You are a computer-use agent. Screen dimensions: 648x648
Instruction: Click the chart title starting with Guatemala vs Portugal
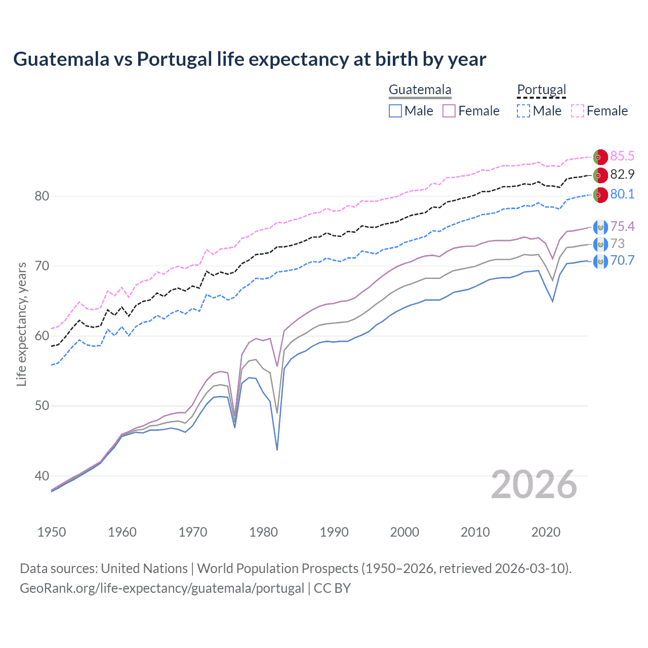pos(250,59)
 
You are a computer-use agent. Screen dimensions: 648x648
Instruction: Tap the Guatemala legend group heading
pos(420,90)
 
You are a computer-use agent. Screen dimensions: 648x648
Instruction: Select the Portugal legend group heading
pos(541,90)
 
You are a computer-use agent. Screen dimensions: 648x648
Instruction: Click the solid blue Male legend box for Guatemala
pos(395,111)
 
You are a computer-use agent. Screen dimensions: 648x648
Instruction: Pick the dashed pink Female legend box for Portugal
pos(578,111)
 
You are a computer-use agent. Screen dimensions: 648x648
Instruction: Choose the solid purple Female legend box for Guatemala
pos(449,111)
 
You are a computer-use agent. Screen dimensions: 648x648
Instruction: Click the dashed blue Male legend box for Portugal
pos(523,111)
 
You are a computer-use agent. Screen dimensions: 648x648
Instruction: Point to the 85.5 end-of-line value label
pos(622,156)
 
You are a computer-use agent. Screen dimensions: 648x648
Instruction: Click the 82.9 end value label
pos(622,175)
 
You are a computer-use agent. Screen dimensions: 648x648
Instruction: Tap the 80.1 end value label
pos(622,194)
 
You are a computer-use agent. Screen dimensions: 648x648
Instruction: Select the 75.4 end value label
pos(622,226)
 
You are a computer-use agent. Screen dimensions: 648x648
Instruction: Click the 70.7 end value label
pos(622,261)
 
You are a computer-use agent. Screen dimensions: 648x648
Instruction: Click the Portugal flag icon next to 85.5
pos(600,157)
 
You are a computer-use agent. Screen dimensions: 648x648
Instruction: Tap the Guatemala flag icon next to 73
pos(600,245)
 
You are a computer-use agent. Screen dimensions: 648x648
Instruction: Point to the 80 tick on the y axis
pos(42,196)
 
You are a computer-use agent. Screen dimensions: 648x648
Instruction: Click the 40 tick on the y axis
pos(42,476)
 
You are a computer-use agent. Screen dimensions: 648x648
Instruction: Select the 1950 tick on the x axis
pos(52,532)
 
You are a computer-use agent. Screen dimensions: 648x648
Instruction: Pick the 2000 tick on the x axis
pos(404,532)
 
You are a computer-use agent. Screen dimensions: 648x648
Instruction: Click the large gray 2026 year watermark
pos(534,485)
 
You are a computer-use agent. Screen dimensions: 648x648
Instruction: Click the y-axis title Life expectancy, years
pos(22,324)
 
